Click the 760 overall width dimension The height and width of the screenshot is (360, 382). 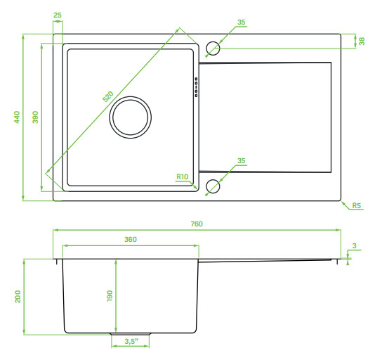coord(197,224)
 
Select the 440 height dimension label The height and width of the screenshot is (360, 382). coord(17,117)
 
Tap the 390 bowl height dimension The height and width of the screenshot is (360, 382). coord(36,117)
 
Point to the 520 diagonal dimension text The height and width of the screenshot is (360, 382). coord(108,96)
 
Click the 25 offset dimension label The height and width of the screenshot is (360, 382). coord(58,15)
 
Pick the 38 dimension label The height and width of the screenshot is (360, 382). coord(362,41)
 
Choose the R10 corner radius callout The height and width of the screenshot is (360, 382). coord(183,176)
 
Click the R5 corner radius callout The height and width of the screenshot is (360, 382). coord(357,205)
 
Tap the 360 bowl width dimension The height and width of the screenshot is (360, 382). coord(131,239)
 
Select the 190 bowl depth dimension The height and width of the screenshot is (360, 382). coord(110,296)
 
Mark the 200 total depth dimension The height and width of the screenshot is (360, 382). coord(18,296)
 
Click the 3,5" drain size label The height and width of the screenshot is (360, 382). coord(131,341)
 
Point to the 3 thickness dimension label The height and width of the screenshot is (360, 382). coord(354,245)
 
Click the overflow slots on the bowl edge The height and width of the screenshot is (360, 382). coord(196,87)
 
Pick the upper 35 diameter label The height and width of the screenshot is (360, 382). coord(241,22)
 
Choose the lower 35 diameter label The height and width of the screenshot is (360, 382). coord(241,161)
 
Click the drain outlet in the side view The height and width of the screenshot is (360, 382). coord(131,334)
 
